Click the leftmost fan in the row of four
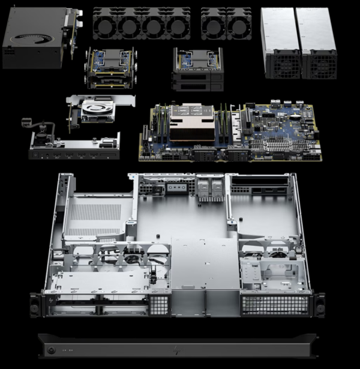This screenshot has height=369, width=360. [x=105, y=26]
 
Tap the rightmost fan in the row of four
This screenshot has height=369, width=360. [x=178, y=26]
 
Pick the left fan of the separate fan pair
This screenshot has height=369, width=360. [x=214, y=26]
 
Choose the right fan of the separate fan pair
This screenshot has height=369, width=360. [x=239, y=26]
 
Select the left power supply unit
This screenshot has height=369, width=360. [x=281, y=43]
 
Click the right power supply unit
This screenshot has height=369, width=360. [x=318, y=43]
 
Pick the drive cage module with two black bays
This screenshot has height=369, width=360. [x=197, y=70]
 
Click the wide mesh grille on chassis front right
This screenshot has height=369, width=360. [x=275, y=305]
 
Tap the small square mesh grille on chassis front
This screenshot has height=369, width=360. [x=159, y=305]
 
